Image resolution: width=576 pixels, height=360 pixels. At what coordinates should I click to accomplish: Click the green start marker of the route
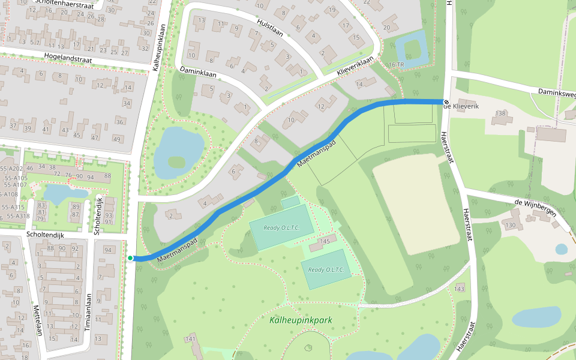point(130,258)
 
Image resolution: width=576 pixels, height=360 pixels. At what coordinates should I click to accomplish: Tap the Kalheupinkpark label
point(301,320)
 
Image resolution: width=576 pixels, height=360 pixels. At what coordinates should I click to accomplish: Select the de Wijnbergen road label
point(535,207)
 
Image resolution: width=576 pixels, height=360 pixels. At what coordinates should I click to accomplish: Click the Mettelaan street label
point(37,320)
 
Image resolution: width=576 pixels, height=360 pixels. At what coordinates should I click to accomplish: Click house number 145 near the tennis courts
point(325,241)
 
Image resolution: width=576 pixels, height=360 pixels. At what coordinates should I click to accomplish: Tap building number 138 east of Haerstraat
point(501,113)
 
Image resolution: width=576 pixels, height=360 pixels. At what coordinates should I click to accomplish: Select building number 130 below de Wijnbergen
point(510,225)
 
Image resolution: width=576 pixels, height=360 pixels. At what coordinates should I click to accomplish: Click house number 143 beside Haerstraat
point(460,289)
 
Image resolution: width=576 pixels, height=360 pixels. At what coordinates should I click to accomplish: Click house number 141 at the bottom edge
point(191,340)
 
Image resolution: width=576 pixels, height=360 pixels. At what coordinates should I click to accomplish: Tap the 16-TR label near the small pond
point(396,64)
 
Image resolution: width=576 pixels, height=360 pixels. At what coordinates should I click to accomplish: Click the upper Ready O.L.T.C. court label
point(280,227)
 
